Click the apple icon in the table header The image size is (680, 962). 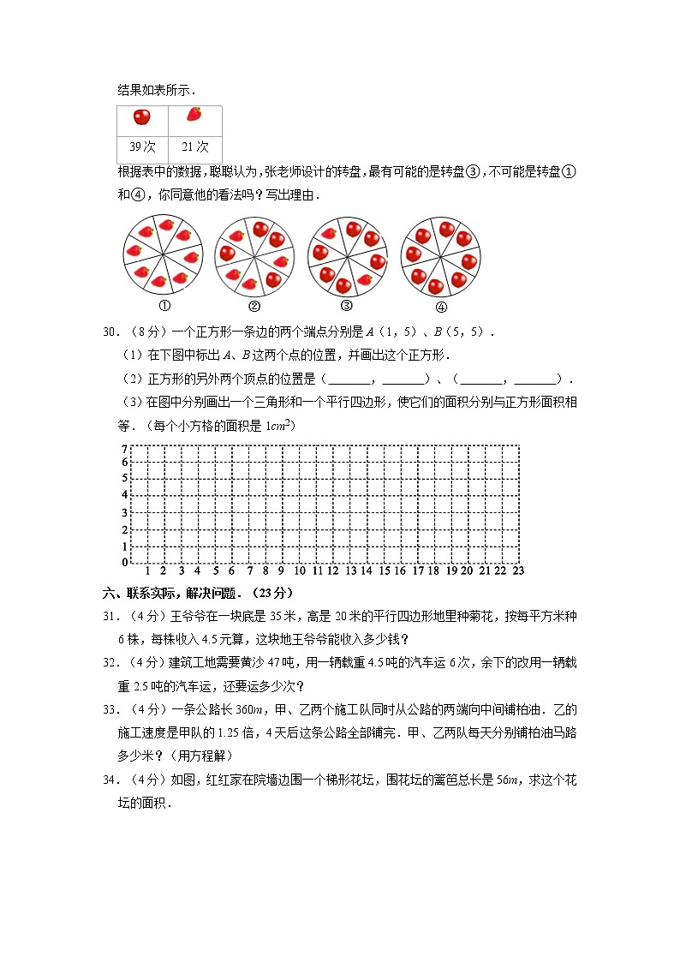[x=142, y=116]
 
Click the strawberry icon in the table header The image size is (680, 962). [x=194, y=114]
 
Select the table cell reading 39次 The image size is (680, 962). [x=142, y=146]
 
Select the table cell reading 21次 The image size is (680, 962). [x=195, y=146]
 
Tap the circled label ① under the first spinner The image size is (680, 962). [x=164, y=306]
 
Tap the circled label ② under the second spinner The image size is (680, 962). [x=254, y=307]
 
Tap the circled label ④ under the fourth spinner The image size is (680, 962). [x=441, y=307]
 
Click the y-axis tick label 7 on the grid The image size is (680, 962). [x=124, y=450]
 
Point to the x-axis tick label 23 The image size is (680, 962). [x=517, y=571]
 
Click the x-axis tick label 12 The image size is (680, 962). [x=332, y=571]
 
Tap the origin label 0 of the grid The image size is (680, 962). [x=124, y=562]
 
